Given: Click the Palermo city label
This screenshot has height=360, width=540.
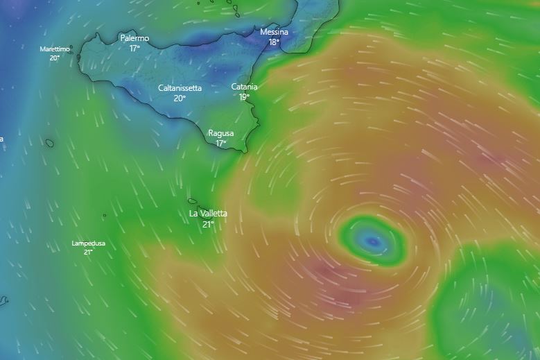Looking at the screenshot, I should [134, 38].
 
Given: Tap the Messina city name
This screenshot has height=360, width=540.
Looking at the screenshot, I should [275, 32].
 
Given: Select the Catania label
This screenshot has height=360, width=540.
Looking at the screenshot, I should [244, 87].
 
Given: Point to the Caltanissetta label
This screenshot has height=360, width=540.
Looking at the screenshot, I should [180, 88].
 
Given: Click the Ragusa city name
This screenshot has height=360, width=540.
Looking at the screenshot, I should [221, 133].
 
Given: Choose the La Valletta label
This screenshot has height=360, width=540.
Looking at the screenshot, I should [208, 214].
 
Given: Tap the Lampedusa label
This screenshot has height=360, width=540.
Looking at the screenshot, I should [89, 243].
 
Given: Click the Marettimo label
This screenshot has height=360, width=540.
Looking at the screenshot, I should [55, 49].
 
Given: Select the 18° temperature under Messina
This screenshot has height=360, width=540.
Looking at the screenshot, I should [275, 42].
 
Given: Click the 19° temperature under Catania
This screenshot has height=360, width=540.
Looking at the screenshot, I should [244, 97].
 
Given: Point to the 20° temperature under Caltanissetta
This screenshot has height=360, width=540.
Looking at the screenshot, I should [180, 98].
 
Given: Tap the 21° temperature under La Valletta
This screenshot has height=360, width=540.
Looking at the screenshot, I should [208, 224].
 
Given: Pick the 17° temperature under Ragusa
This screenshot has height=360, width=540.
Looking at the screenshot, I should [221, 144].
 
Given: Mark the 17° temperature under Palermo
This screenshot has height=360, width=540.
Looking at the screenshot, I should [134, 49].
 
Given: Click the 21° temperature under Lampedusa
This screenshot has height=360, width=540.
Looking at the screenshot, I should [89, 252].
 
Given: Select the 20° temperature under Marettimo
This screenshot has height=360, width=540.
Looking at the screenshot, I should [55, 58].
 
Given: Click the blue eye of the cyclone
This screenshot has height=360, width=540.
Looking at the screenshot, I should [373, 241].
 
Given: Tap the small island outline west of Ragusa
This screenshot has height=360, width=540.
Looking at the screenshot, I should [50, 144].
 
